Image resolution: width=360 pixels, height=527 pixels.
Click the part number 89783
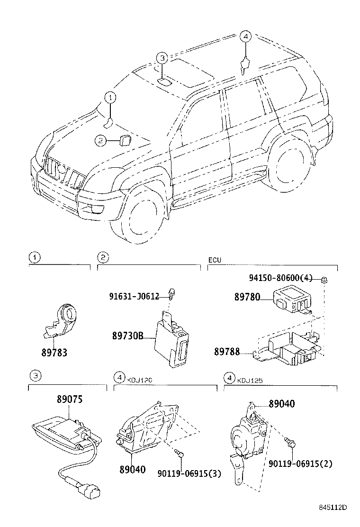pyautogui.click(x=54, y=353)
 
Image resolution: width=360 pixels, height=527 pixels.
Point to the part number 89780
pyautogui.click(x=247, y=297)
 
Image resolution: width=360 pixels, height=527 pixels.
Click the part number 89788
pyautogui.click(x=227, y=353)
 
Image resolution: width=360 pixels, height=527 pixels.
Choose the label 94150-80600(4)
pyautogui.click(x=280, y=279)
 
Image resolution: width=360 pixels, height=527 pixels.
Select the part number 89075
pyautogui.click(x=70, y=399)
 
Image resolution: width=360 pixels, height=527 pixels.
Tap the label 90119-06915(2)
pyautogui.click(x=306, y=463)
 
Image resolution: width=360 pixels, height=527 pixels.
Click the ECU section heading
pyautogui.click(x=215, y=260)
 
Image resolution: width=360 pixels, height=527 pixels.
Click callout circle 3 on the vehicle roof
pyautogui.click(x=162, y=58)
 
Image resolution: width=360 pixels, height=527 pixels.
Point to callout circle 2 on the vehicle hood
pyautogui.click(x=99, y=140)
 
